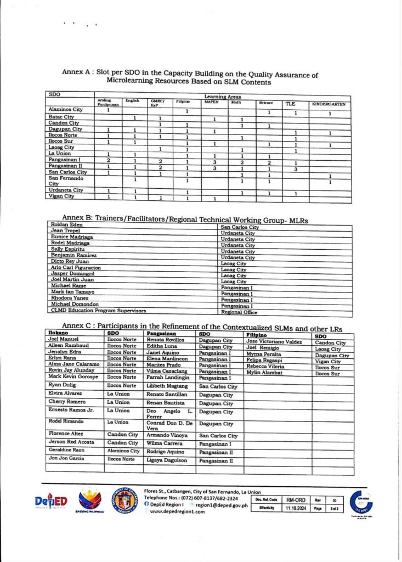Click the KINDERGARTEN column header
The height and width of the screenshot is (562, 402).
[x=329, y=104]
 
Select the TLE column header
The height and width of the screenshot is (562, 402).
[x=290, y=104]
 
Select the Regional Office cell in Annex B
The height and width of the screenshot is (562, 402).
[x=239, y=311]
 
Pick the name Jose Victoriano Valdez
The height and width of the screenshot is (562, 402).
[x=274, y=341]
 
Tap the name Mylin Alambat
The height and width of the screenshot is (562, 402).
[x=264, y=373]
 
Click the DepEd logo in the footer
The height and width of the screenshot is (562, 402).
[x=51, y=501]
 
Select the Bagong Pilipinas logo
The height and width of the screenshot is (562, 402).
[x=90, y=501]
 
